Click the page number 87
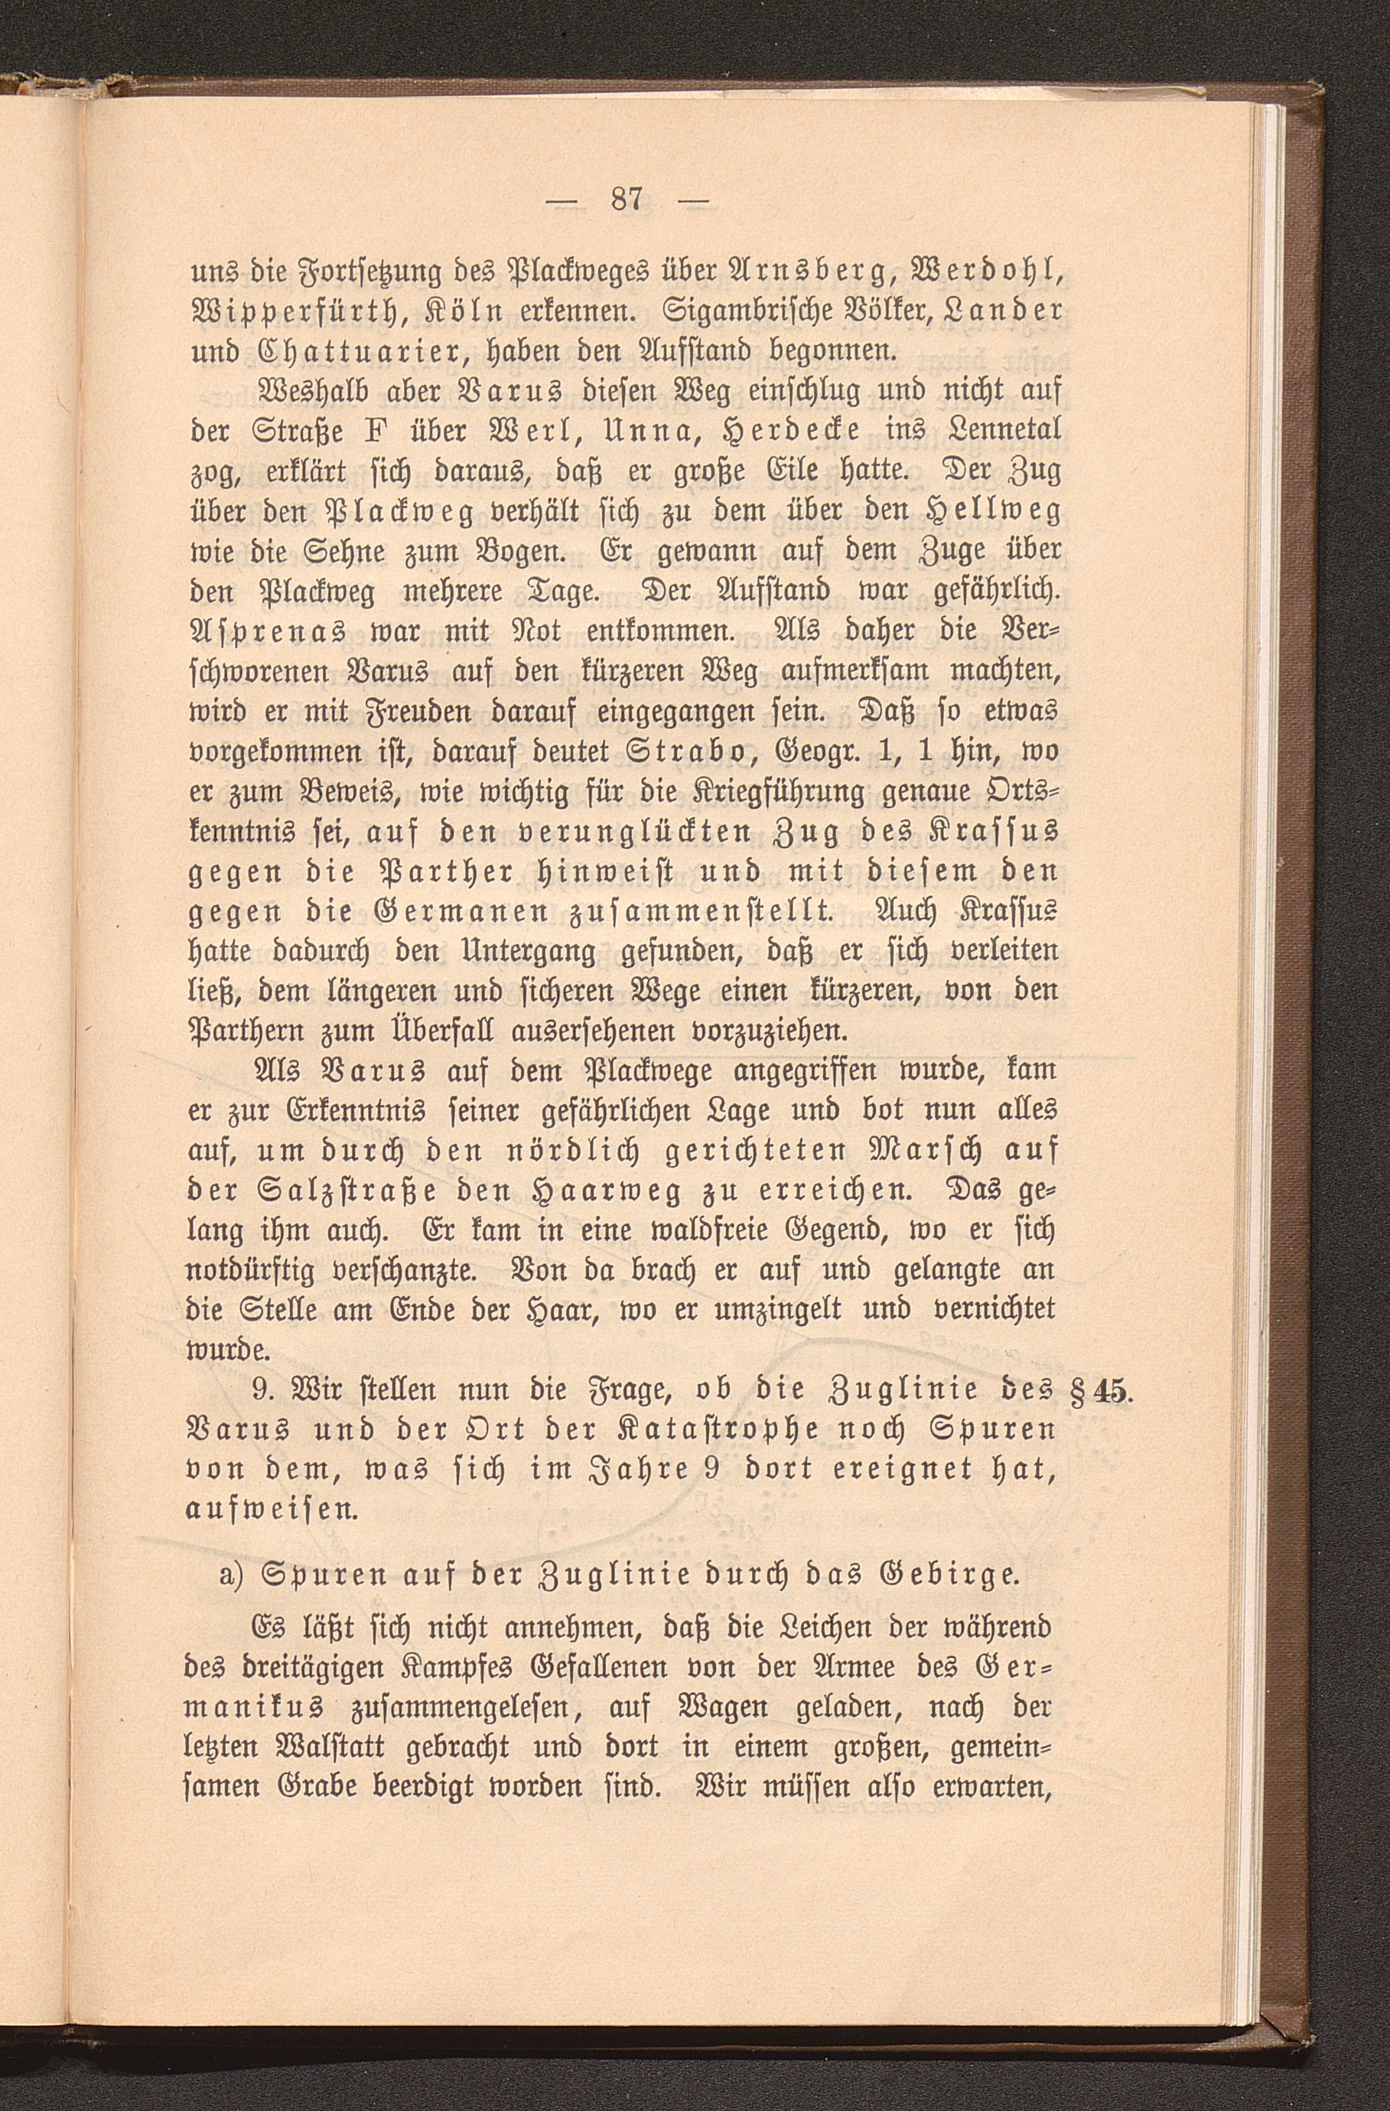click(x=627, y=199)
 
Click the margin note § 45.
click(x=1096, y=1392)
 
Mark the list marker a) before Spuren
click(x=233, y=1575)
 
